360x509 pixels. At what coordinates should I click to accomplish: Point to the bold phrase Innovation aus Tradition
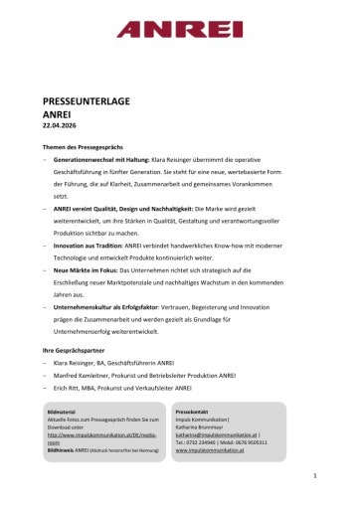89,244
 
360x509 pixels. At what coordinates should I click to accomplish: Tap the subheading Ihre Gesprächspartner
73,352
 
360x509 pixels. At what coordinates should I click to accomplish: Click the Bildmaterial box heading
62,411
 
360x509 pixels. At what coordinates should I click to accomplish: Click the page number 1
313,477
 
